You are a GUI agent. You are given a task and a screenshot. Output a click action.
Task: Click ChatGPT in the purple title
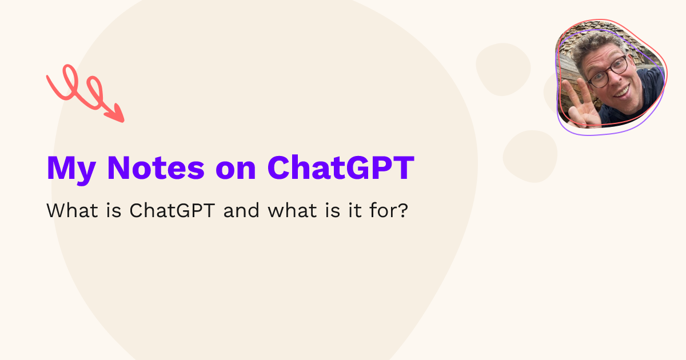point(340,167)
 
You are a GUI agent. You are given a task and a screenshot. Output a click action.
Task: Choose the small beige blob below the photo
point(530,155)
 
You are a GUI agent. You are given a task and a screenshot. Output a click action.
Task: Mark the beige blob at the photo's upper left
point(503,69)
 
